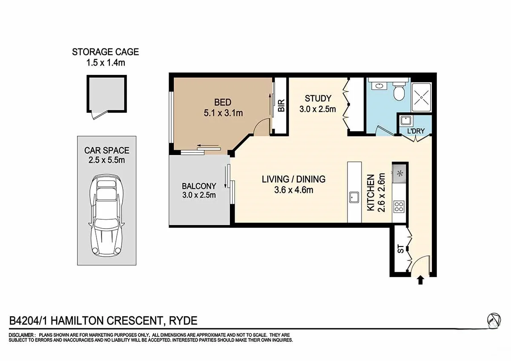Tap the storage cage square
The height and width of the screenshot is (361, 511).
107,94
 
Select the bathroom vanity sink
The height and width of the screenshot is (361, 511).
377,86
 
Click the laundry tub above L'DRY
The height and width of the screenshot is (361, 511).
405,120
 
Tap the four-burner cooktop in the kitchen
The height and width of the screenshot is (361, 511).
399,207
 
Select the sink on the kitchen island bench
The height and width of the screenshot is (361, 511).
354,197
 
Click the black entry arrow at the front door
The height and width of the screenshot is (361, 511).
420,280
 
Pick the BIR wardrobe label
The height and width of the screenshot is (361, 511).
281,106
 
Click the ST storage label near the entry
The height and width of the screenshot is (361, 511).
400,249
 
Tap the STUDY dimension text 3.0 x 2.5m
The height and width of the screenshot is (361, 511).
317,109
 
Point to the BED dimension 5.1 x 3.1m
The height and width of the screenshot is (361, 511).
222,113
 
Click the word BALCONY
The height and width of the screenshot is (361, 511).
199,186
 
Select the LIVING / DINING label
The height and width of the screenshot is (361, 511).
293,179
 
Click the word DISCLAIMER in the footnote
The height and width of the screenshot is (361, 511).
21,335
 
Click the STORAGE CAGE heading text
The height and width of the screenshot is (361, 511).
105,52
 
